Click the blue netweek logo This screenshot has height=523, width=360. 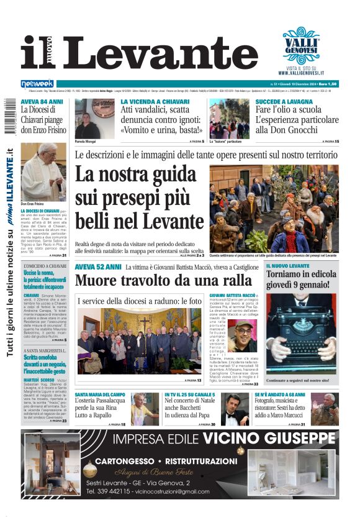click(x=37, y=83)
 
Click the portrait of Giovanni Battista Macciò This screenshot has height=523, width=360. click(x=245, y=335)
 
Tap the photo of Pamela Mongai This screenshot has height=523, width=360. click(x=87, y=118)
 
